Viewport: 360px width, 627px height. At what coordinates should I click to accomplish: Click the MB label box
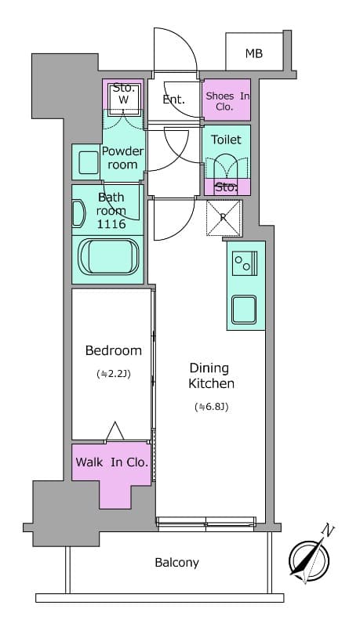click(253, 53)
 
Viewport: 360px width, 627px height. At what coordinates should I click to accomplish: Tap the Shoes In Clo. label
click(227, 100)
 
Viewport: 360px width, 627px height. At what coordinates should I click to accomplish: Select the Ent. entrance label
click(173, 100)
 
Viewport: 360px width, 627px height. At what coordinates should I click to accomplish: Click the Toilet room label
click(227, 140)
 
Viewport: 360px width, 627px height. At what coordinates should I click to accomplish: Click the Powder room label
click(122, 158)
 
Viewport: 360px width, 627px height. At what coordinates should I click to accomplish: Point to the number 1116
click(111, 224)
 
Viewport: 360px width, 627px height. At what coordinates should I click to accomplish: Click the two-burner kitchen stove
click(245, 264)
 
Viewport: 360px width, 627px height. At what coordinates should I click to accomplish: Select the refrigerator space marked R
click(224, 218)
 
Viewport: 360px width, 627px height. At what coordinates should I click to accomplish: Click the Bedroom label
click(114, 350)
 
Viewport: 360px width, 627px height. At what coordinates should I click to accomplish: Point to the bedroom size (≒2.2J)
click(114, 374)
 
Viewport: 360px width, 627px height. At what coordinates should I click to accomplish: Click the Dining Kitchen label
click(211, 375)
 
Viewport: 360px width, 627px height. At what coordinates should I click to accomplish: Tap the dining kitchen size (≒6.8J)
click(211, 407)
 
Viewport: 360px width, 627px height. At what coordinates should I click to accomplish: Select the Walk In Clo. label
click(111, 462)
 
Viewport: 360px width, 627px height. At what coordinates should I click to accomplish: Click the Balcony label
click(176, 562)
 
